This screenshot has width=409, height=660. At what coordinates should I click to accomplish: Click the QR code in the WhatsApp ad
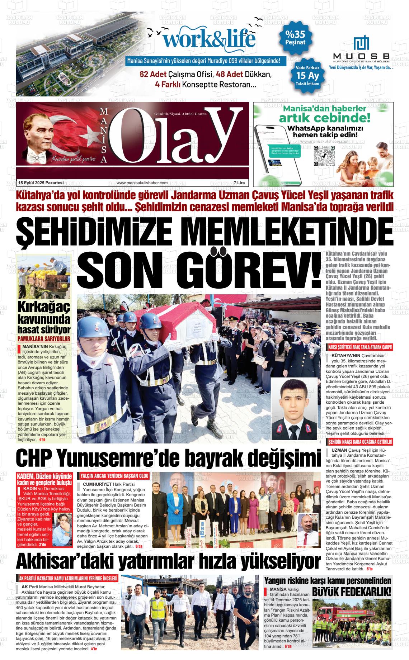324,156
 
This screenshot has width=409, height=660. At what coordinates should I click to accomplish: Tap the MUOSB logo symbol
361,43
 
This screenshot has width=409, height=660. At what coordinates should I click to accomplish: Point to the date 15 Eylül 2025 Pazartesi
41,183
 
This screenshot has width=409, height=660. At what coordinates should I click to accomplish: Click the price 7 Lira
239,183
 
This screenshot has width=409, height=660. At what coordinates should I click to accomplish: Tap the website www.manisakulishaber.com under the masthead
142,183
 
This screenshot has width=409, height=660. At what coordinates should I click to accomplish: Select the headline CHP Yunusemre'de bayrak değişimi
168,458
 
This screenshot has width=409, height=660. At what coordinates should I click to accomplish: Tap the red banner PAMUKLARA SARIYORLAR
44,339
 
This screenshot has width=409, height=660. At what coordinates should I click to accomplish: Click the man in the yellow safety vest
157,611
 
